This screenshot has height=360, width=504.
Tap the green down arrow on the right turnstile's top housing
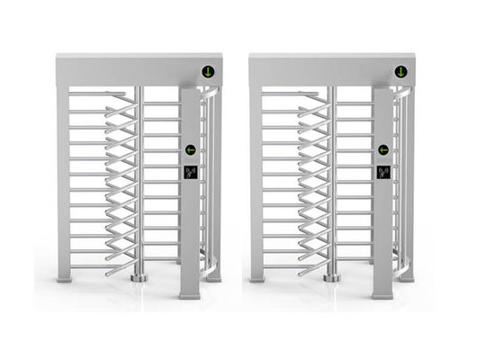pyautogui.click(x=397, y=72)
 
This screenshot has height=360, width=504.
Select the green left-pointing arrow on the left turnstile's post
pyautogui.click(x=191, y=149)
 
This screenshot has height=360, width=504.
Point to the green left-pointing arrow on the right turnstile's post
pyautogui.click(x=383, y=149)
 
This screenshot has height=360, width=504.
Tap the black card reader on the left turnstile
pyautogui.click(x=191, y=172)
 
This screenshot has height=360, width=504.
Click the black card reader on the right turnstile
pyautogui.click(x=383, y=172)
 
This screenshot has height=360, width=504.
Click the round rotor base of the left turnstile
pyautogui.click(x=139, y=278)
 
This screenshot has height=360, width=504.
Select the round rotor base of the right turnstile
pyautogui.click(x=331, y=278)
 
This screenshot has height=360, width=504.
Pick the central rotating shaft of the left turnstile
pyautogui.click(x=139, y=180)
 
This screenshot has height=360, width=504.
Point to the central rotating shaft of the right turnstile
pyautogui.click(x=331, y=180)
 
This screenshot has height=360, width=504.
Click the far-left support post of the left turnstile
pyautogui.click(x=63, y=180)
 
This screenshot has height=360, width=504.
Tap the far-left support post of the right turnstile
pyautogui.click(x=256, y=180)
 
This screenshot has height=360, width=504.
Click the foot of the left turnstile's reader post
pyautogui.click(x=191, y=292)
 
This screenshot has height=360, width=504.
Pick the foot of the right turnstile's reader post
pyautogui.click(x=383, y=292)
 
